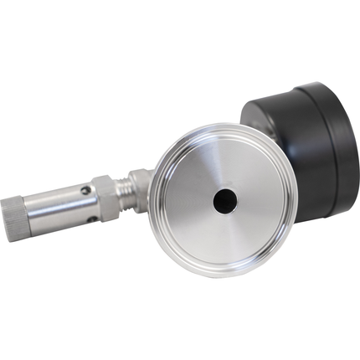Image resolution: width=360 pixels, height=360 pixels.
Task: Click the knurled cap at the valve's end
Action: tap(35, 217)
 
